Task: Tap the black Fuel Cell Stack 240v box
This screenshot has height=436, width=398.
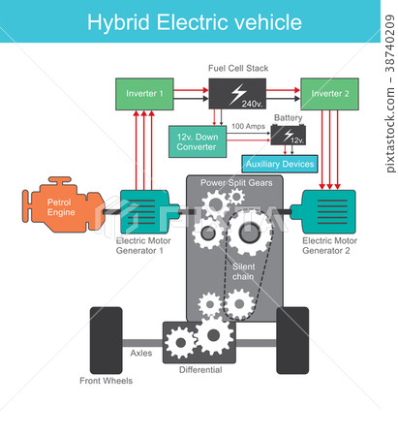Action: [x=238, y=95]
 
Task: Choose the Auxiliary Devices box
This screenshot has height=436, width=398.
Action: [x=280, y=164]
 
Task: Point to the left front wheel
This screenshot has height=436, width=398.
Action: [x=106, y=340]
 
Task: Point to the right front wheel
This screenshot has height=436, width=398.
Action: [x=292, y=340]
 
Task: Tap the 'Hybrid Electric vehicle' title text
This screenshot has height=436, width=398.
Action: [x=194, y=21]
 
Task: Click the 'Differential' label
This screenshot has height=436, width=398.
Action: [x=200, y=370]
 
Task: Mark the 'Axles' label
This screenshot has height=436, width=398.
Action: [x=141, y=354]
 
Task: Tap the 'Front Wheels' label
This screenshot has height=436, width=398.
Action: [x=106, y=381]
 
